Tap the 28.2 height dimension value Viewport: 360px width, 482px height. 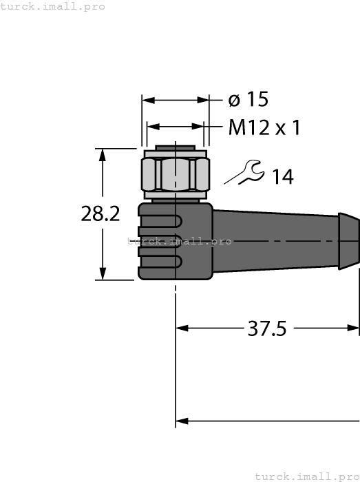100,214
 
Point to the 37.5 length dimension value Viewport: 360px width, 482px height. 266,328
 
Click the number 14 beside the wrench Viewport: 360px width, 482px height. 282,177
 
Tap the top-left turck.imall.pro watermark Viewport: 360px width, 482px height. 53,6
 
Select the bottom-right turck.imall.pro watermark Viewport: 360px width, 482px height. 307,476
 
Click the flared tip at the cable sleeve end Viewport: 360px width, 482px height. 349,240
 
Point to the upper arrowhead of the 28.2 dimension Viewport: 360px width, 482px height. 103,154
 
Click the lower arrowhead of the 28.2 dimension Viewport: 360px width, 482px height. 103,273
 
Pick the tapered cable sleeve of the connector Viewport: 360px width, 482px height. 275,240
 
